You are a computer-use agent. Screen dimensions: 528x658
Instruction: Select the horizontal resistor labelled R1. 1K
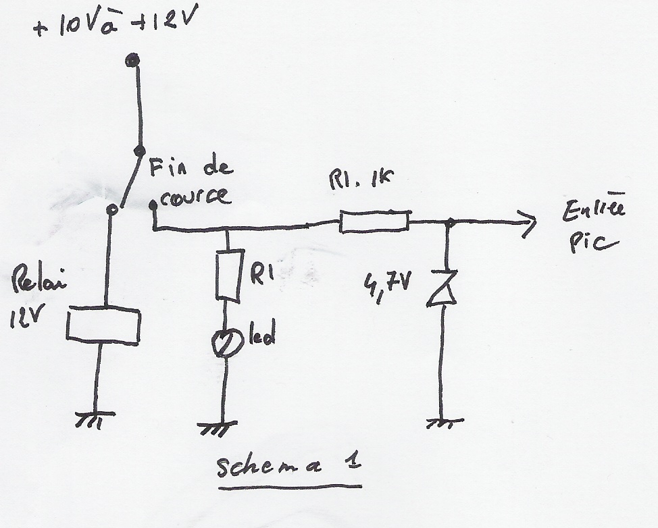[x=374, y=221]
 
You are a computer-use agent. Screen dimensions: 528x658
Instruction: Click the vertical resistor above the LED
[x=228, y=275]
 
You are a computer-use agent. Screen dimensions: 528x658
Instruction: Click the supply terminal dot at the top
[x=133, y=61]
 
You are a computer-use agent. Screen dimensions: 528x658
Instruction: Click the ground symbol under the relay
[x=95, y=419]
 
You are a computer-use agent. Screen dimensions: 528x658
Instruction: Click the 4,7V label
[x=386, y=282]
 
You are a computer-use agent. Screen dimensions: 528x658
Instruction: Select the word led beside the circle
[x=261, y=336]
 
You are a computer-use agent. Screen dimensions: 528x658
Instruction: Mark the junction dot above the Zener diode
[x=449, y=221]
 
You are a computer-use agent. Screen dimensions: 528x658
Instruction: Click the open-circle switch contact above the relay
[x=113, y=210]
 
